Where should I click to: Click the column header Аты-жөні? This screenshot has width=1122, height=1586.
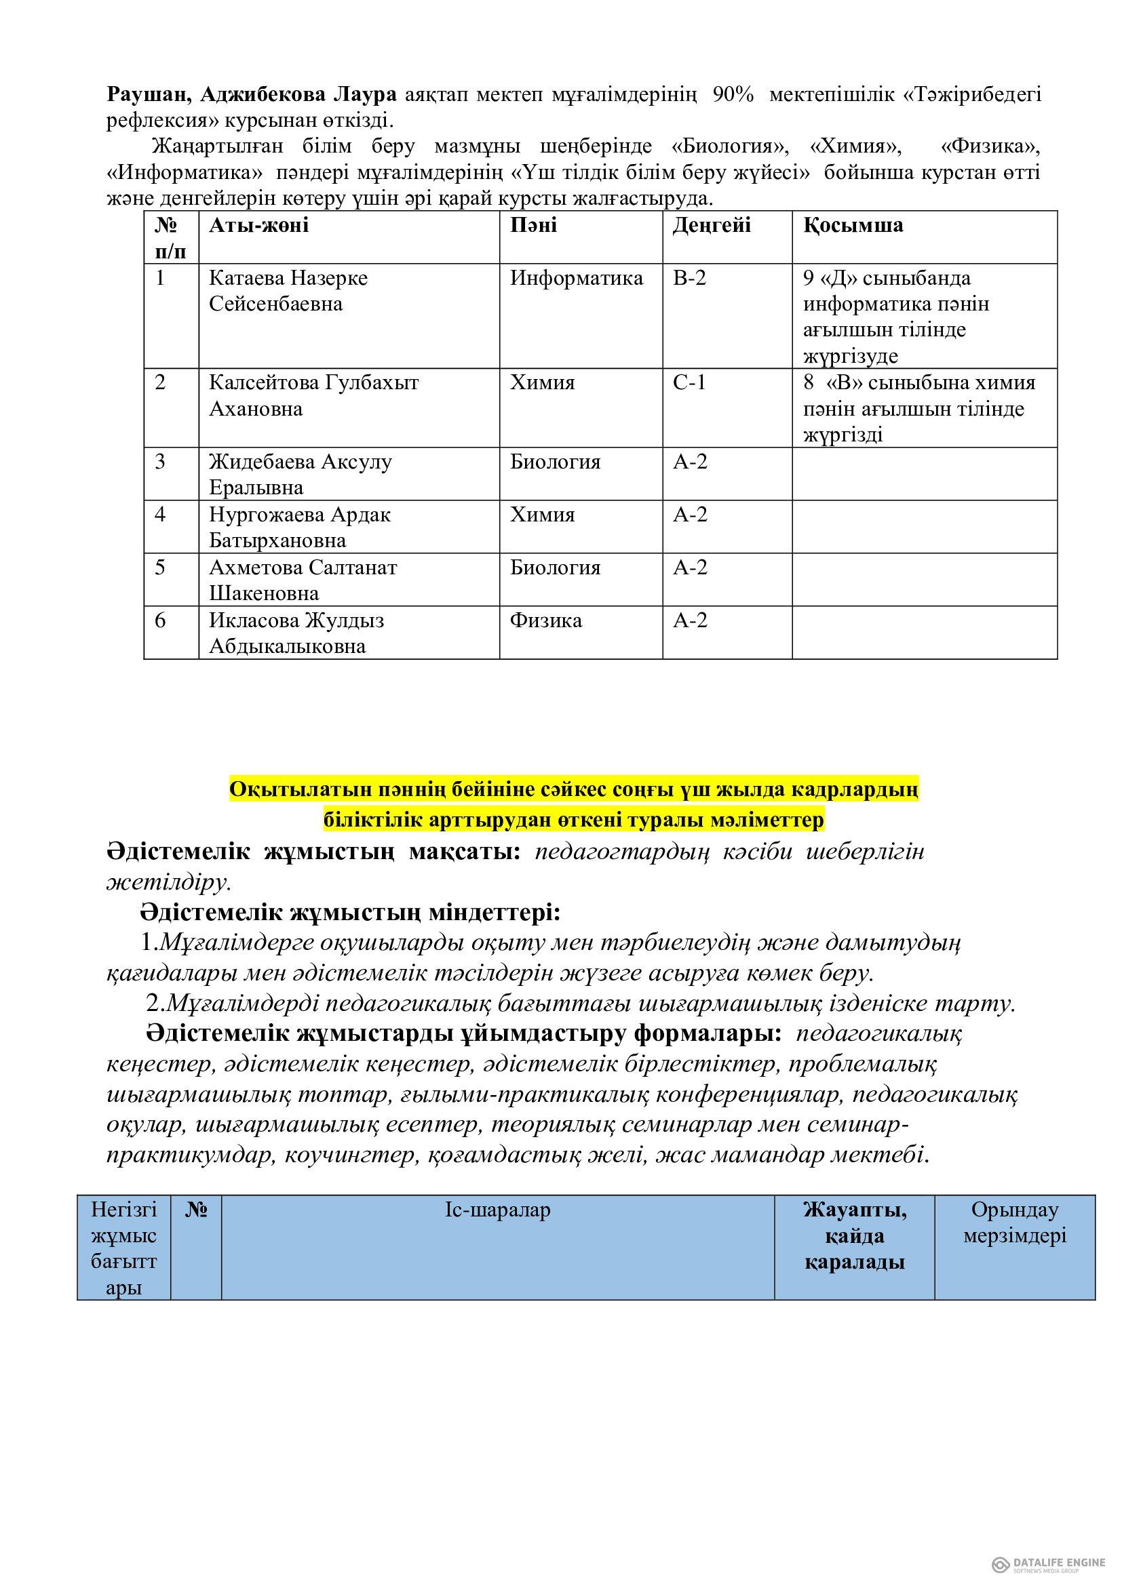coord(259,225)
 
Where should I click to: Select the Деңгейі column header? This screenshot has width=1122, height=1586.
coord(712,225)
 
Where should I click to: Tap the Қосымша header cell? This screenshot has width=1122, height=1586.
coord(853,225)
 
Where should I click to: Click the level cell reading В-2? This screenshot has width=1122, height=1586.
coord(689,279)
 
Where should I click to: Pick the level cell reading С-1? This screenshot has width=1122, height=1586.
coord(689,382)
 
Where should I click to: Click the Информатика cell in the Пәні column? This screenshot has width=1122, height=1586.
coord(576,279)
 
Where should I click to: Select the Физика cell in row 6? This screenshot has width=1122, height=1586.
coord(546,620)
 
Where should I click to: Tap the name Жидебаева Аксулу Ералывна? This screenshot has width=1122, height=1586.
coord(301,475)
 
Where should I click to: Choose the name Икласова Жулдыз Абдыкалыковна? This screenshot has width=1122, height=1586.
coord(296,633)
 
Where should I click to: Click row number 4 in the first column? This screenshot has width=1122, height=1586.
coord(160,515)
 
